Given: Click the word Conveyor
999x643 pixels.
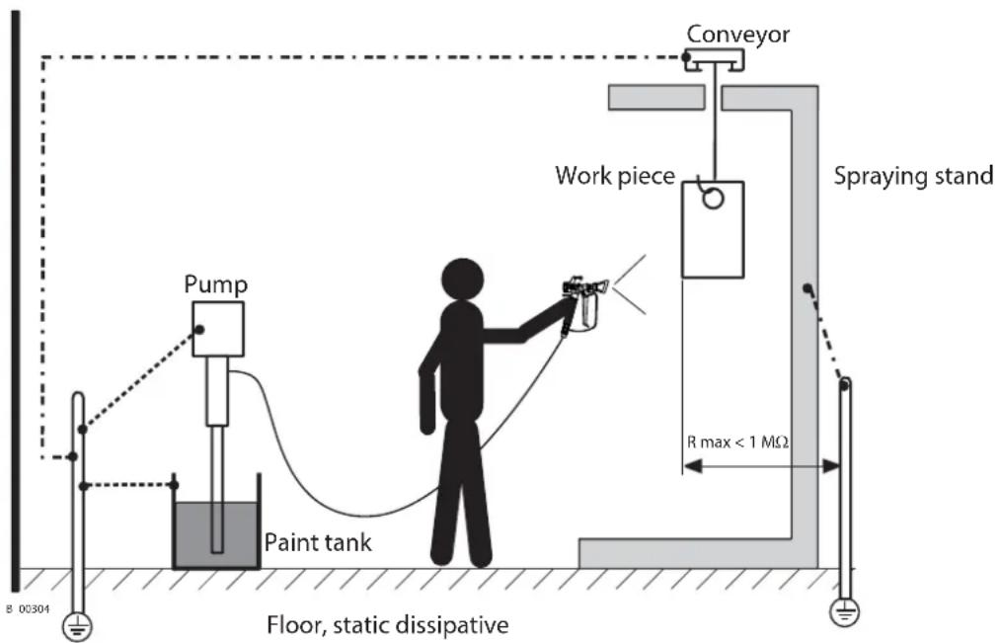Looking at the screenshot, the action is pyautogui.click(x=737, y=34).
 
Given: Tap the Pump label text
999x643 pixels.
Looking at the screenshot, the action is pyautogui.click(x=215, y=284).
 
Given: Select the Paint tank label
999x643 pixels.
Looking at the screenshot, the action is pyautogui.click(x=317, y=542).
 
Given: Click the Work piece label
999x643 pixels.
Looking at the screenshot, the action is pyautogui.click(x=615, y=175).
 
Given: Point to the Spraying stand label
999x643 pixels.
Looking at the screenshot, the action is pyautogui.click(x=913, y=176).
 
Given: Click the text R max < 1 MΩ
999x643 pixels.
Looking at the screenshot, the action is pyautogui.click(x=737, y=442).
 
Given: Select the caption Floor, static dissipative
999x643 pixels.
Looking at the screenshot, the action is pyautogui.click(x=387, y=624).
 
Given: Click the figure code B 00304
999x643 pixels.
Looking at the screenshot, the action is pyautogui.click(x=28, y=609).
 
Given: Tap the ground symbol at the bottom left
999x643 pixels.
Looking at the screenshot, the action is pyautogui.click(x=77, y=627).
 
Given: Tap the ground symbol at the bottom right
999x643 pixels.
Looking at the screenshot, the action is pyautogui.click(x=845, y=612).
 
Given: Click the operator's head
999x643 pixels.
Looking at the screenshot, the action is pyautogui.click(x=463, y=280).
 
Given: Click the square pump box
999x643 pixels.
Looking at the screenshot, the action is pyautogui.click(x=218, y=329).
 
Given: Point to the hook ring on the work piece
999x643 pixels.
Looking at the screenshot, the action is pyautogui.click(x=714, y=199).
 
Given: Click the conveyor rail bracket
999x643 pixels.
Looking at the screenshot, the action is pyautogui.click(x=715, y=59).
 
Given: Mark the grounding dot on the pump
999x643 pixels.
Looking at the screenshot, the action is pyautogui.click(x=199, y=330).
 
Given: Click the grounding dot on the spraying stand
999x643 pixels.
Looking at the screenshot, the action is pyautogui.click(x=807, y=288).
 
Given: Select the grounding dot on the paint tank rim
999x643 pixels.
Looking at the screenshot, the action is pyautogui.click(x=174, y=485).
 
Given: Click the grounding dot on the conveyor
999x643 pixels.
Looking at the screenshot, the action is pyautogui.click(x=686, y=57).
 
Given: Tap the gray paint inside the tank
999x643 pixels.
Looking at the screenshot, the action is pyautogui.click(x=216, y=533).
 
